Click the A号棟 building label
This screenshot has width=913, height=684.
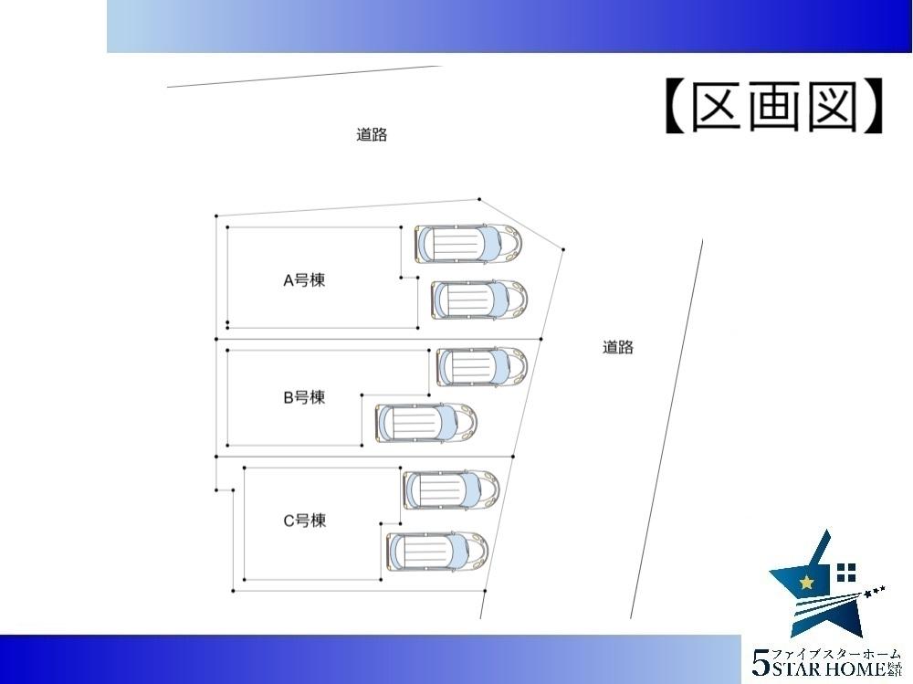click(x=303, y=280)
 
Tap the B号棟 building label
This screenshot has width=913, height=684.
click(x=303, y=397)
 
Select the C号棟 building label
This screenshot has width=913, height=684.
click(x=303, y=521)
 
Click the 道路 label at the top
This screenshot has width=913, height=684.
click(x=372, y=135)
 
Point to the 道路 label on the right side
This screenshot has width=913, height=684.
click(x=618, y=347)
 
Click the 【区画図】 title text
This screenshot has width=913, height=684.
click(x=773, y=109)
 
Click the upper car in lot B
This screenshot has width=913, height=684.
click(x=482, y=365)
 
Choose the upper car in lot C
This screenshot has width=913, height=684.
click(x=450, y=489)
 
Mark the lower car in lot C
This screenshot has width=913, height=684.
click(x=436, y=551)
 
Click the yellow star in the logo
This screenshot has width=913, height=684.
click(x=806, y=583)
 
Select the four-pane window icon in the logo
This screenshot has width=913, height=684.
click(x=846, y=573)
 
